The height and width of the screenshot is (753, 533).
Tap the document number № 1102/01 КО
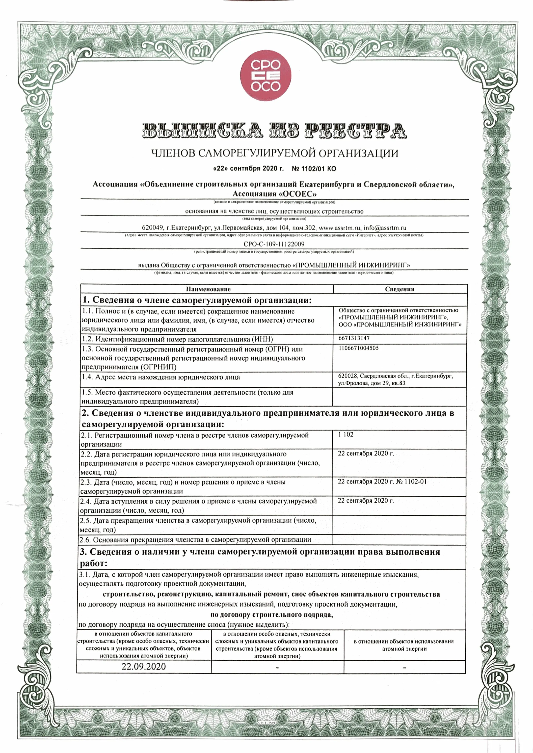(314, 169)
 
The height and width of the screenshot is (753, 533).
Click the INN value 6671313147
(354, 338)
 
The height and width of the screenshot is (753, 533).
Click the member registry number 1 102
(346, 434)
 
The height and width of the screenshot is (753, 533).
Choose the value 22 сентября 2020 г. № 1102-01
(382, 482)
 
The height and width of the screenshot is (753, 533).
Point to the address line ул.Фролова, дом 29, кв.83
(372, 383)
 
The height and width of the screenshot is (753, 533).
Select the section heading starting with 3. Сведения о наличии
(260, 552)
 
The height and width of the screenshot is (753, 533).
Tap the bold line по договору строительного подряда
(271, 615)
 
